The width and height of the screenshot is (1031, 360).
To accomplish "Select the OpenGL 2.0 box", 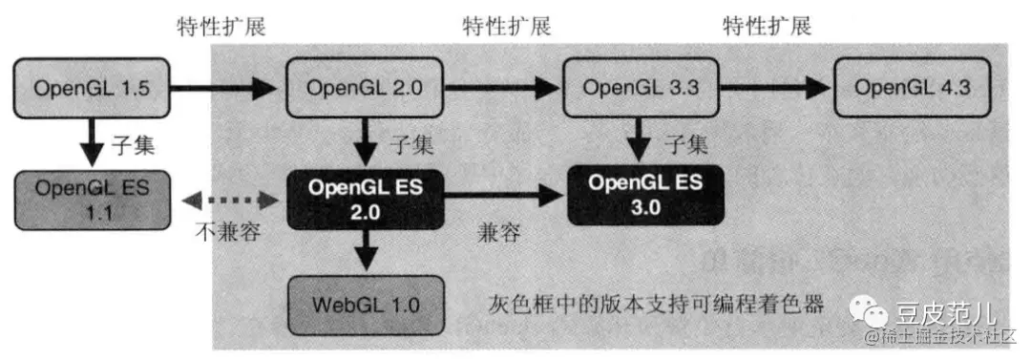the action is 363,89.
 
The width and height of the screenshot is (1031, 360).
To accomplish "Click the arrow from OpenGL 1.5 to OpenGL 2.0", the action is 224,90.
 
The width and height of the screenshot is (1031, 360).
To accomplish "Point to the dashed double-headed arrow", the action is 225,201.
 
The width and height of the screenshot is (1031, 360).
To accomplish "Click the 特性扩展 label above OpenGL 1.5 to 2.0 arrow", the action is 221,26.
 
